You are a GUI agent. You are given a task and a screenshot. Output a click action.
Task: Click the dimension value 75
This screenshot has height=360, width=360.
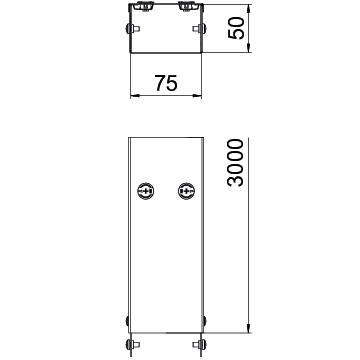point(166,83)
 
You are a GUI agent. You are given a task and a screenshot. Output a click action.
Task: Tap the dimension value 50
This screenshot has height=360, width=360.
point(236,28)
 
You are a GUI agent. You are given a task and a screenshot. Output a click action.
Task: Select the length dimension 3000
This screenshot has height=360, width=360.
point(235,162)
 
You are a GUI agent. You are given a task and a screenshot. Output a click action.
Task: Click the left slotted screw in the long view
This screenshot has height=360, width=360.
point(145,191)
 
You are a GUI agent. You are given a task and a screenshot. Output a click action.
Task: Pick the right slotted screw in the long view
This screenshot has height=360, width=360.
point(186,191)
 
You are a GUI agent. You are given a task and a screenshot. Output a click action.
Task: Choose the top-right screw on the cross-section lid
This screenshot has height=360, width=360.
point(186,6)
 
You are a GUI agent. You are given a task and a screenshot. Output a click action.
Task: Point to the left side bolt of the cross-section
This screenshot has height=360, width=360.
point(132,29)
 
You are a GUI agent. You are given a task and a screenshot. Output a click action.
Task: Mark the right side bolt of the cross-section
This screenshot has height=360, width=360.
point(199,29)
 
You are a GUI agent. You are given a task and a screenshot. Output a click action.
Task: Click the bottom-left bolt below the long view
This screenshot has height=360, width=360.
point(132,345)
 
